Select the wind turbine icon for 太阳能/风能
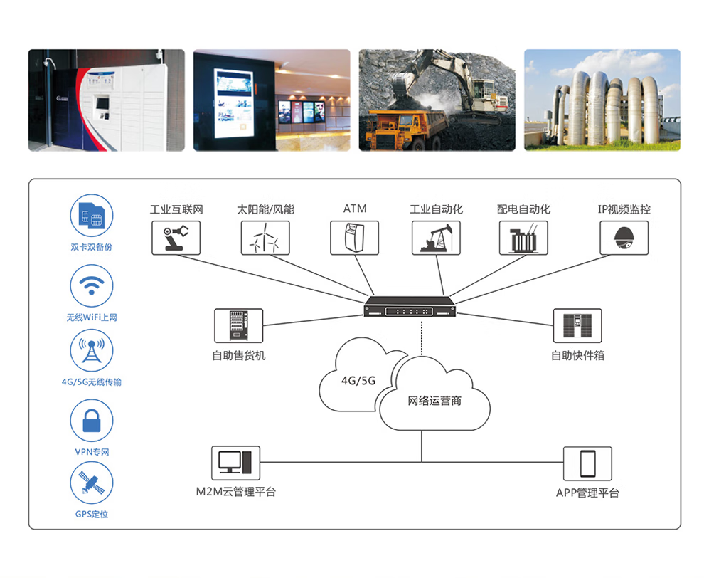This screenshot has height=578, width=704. coord(265,237)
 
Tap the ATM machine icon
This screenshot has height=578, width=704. coord(354,237)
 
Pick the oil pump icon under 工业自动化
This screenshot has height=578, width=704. coord(436,237)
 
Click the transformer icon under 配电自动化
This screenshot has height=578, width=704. coord(523,237)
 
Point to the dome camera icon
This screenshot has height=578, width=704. coord(624,237)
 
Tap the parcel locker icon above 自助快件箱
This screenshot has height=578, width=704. coord(577,325)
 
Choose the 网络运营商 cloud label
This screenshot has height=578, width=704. coord(434,401)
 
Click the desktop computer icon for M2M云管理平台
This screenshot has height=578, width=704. coord(235,463)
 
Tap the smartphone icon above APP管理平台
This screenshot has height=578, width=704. coord(587,463)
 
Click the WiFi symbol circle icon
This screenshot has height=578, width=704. coord(91,285)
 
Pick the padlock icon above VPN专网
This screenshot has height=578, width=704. coord(91,421)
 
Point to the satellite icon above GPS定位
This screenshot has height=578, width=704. coord(91,483)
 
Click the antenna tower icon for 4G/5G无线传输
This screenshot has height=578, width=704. coord(91,350)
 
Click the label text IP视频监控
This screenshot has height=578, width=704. coord(624,209)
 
